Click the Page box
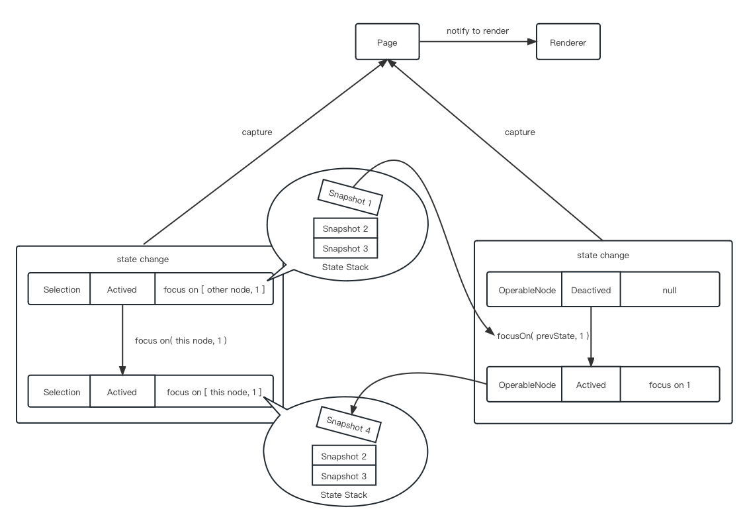(x=387, y=42)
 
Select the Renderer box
(x=568, y=42)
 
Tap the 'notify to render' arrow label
(x=477, y=30)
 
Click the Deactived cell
(x=591, y=289)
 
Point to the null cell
(x=669, y=289)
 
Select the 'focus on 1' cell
(x=669, y=385)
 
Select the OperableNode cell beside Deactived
(x=524, y=289)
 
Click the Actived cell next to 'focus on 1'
(x=591, y=385)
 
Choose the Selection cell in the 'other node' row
(x=62, y=289)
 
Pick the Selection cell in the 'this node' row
(x=62, y=392)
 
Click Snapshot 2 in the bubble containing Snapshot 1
(x=345, y=228)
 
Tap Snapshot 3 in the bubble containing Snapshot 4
(x=343, y=476)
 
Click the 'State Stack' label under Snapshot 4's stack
(x=343, y=495)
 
